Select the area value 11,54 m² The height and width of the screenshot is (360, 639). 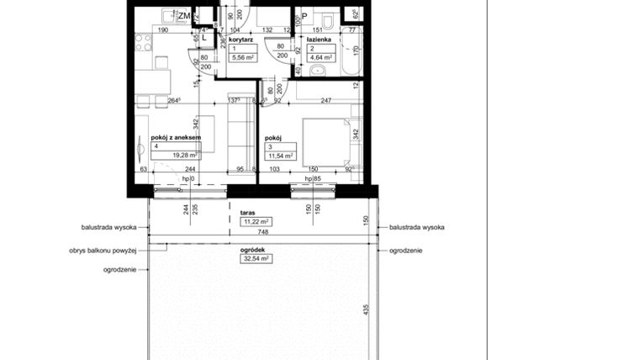click(x=278, y=156)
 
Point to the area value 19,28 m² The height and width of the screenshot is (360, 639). click(x=183, y=156)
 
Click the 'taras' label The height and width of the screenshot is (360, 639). click(x=247, y=214)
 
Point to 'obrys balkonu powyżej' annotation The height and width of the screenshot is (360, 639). click(x=103, y=251)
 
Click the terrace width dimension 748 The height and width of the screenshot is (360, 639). click(x=263, y=233)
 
